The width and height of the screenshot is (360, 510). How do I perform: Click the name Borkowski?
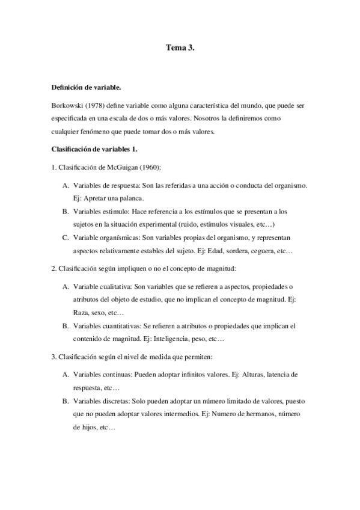(69, 105)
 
